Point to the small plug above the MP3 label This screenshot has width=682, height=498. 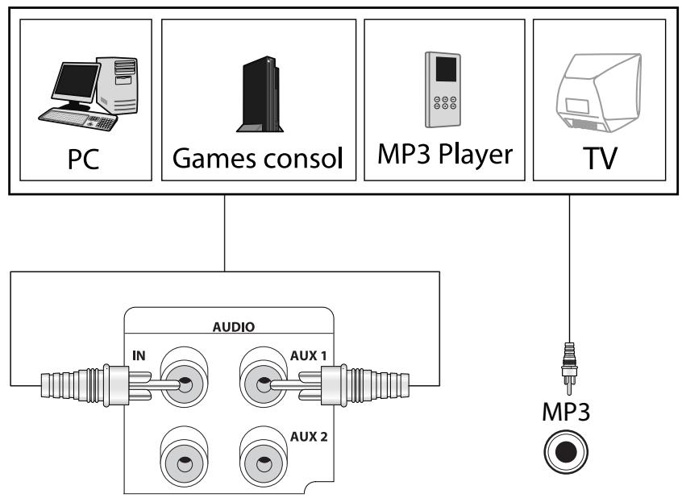pyautogui.click(x=570, y=362)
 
